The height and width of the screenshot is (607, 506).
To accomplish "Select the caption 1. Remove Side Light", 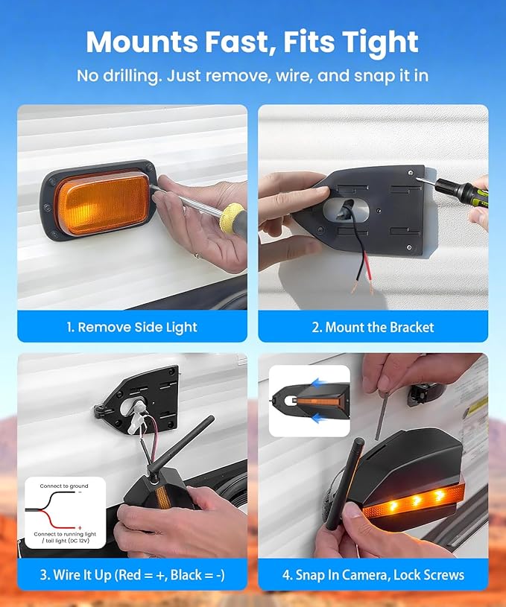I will click(132, 327).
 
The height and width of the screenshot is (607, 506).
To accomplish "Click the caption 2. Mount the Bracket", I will click(373, 327).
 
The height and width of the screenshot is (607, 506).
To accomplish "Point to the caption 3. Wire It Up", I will click(132, 575).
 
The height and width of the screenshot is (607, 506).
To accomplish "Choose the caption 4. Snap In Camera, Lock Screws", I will click(373, 575).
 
